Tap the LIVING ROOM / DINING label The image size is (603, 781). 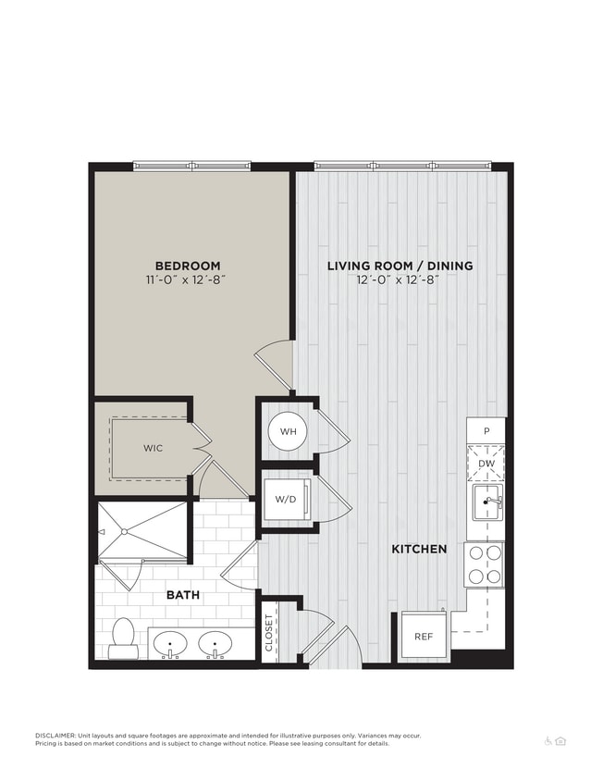point(400,266)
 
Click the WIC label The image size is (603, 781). point(153,448)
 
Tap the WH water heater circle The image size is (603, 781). point(288,431)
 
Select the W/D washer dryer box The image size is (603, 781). point(286,501)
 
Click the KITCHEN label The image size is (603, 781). point(419,549)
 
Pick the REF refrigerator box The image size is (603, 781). point(424,637)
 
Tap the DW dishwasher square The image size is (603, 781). point(486,465)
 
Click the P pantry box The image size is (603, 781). point(486,431)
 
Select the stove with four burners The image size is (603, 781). point(485,564)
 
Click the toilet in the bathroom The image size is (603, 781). point(123,638)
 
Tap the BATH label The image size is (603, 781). point(182,595)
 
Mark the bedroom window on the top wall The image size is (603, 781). point(191,167)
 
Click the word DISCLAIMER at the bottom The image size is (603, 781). point(55,736)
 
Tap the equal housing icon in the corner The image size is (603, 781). point(560,740)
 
